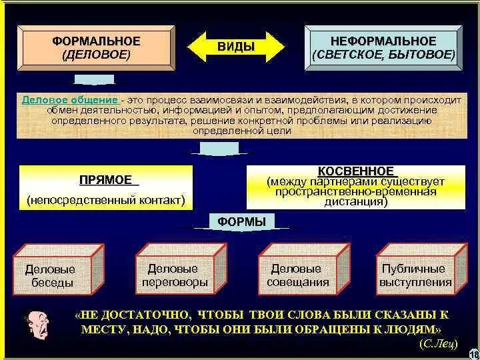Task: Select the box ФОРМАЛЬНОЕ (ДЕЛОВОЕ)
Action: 97,47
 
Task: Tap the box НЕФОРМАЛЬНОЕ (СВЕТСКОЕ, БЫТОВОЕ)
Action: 383,48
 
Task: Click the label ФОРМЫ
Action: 241,221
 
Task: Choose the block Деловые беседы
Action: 51,275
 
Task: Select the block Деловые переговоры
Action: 173,275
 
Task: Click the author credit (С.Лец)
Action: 438,343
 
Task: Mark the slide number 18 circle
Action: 474,353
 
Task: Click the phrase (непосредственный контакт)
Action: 106,200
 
